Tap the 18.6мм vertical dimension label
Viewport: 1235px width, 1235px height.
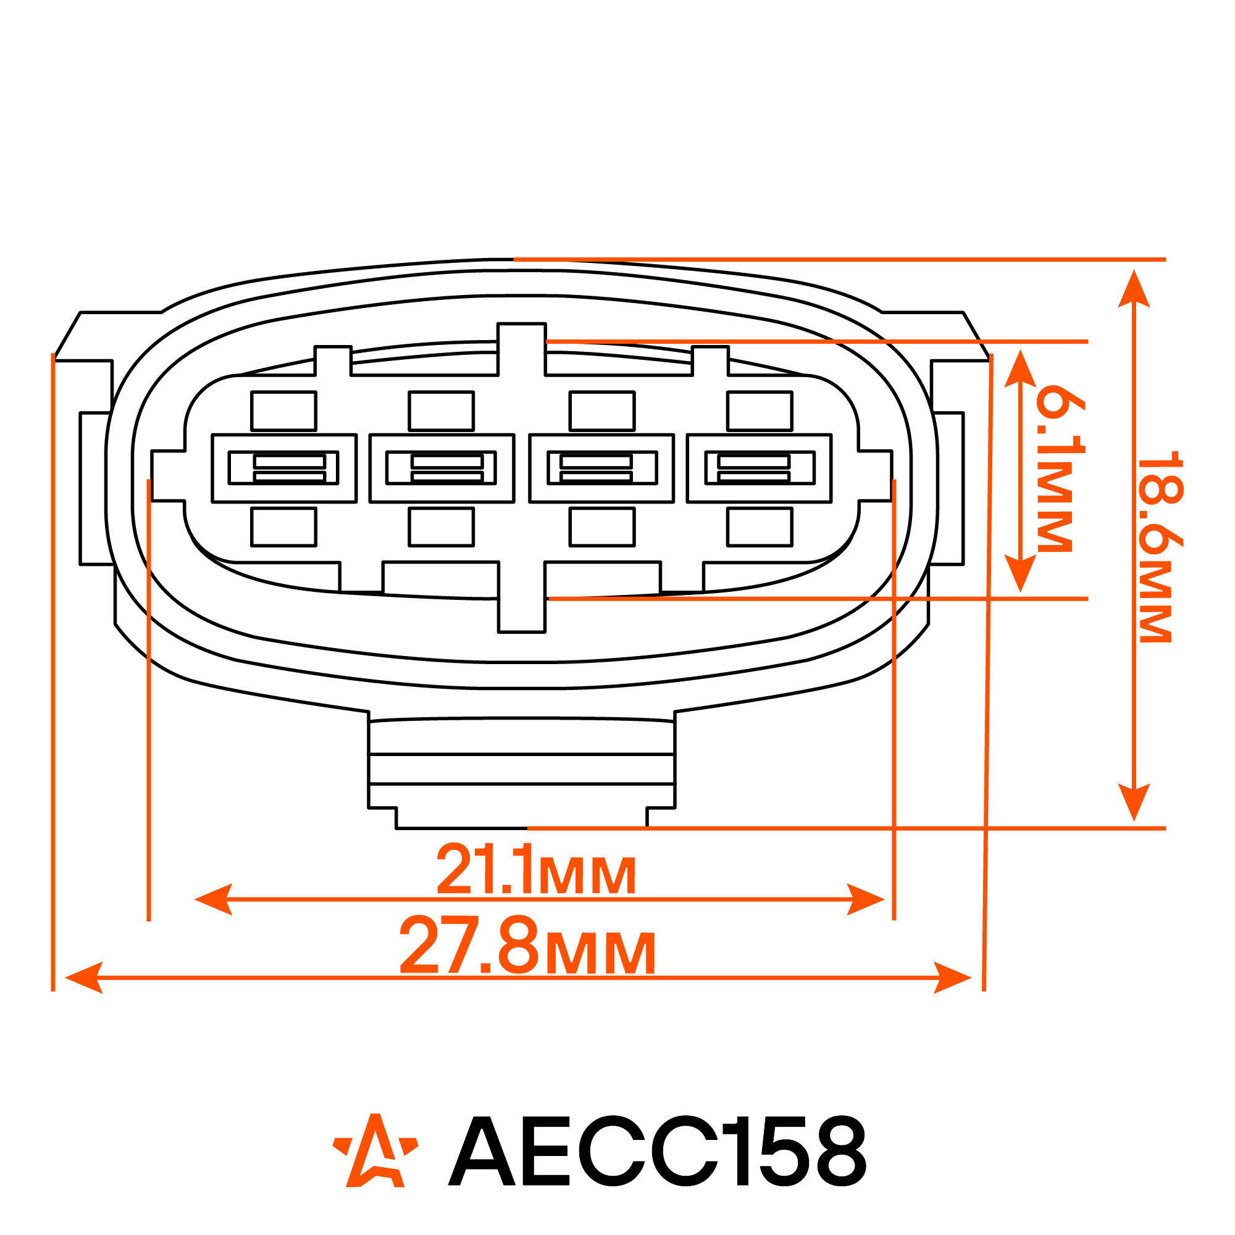tap(1160, 547)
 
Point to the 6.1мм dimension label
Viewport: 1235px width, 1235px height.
tap(1060, 468)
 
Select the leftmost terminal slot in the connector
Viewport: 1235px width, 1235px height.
tap(284, 468)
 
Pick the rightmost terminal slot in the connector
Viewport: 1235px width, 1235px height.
tap(759, 468)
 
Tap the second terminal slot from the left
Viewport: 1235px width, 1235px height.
tap(442, 468)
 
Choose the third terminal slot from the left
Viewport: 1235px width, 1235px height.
tap(602, 468)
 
